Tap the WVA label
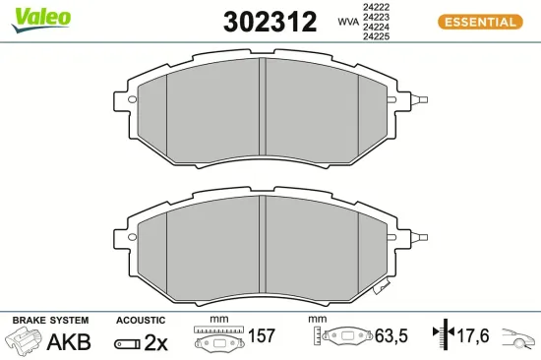(347, 21)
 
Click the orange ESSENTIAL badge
(478, 22)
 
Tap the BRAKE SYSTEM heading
(50, 321)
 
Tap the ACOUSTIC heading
(140, 321)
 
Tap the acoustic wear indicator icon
(127, 343)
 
